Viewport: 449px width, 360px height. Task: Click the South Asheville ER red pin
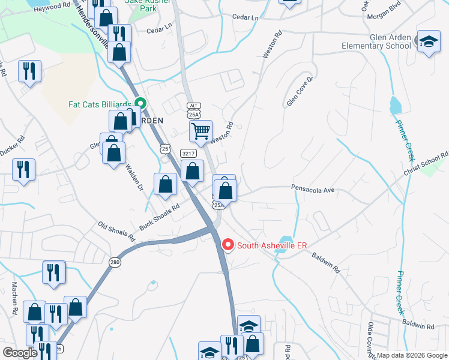tap(228, 245)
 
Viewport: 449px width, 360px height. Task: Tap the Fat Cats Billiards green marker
tap(140, 103)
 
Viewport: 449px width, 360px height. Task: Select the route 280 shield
tap(115, 262)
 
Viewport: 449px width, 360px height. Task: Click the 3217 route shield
tap(188, 154)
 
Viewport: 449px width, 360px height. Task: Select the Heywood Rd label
tap(52, 7)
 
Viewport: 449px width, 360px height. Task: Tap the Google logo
tap(20, 352)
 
